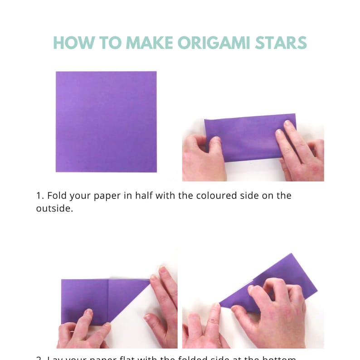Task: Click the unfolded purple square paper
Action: pos(106,122)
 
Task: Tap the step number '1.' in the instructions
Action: pos(40,196)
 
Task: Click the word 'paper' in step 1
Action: pos(102,196)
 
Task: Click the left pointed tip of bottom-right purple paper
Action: pos(221,303)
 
